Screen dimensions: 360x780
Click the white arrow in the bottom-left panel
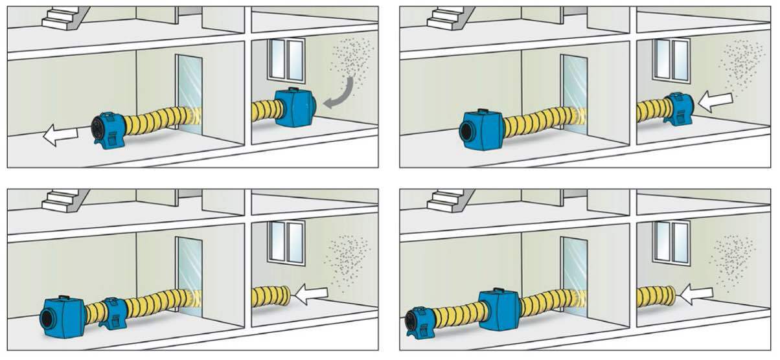[311, 295]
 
